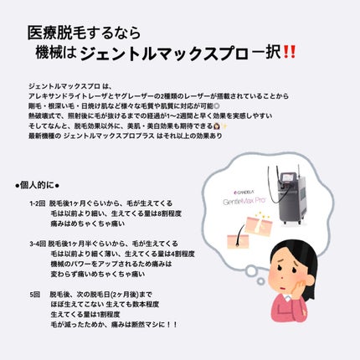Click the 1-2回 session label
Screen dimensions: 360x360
pos(36,203)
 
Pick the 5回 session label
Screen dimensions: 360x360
pos(33,294)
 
